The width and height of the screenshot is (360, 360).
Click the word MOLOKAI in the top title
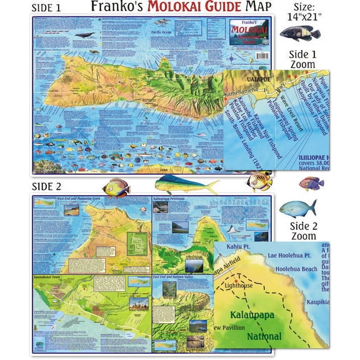185,7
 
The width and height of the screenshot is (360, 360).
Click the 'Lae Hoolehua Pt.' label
289,255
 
